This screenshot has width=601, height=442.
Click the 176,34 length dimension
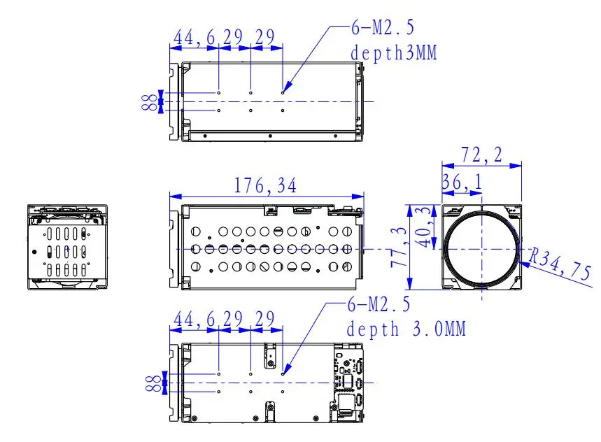[x=265, y=186]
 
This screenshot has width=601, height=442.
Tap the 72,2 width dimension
[x=481, y=155]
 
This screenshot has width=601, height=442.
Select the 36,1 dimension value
[x=462, y=183]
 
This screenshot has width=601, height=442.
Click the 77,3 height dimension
[x=399, y=248]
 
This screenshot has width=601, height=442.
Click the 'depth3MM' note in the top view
[x=394, y=53]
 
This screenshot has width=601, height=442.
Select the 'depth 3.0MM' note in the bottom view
[x=406, y=329]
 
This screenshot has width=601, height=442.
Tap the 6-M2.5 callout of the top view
[x=383, y=27]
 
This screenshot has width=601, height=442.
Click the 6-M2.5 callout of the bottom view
[x=379, y=304]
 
